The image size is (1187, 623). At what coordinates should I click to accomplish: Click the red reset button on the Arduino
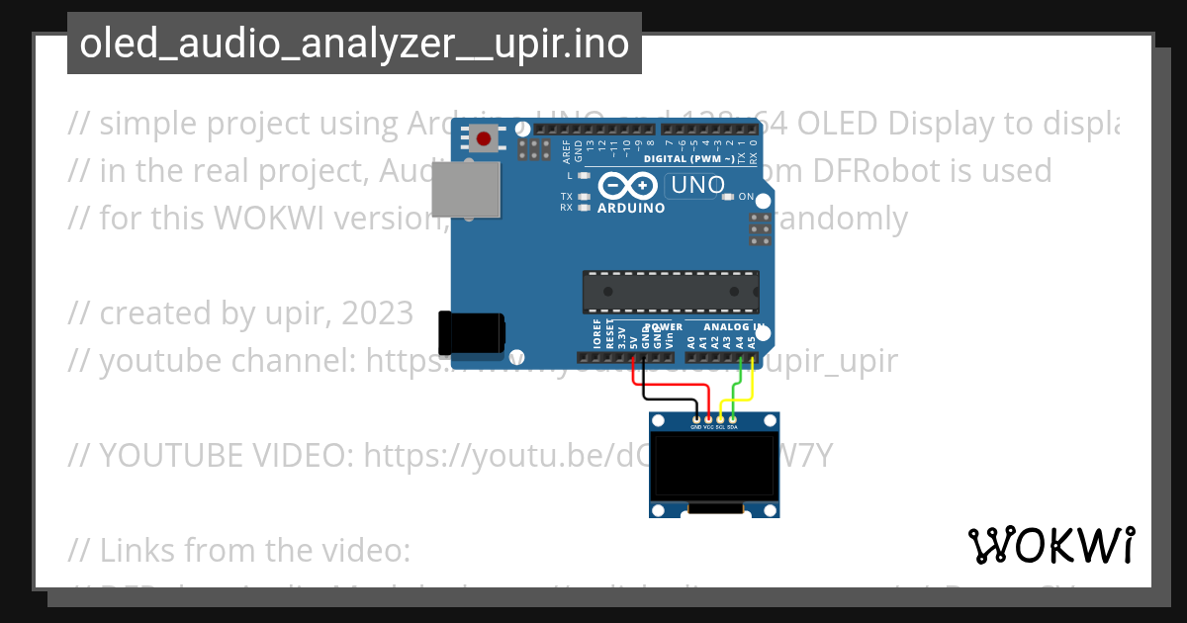pyautogui.click(x=484, y=139)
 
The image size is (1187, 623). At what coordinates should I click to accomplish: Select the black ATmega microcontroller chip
pyautogui.click(x=671, y=292)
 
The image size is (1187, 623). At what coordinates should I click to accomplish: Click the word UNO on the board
pyautogui.click(x=697, y=185)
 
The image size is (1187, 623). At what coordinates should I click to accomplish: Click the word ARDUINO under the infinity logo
pyautogui.click(x=630, y=209)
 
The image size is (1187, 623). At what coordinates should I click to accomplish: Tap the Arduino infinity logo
pyautogui.click(x=627, y=186)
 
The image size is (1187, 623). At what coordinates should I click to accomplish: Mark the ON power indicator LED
pyautogui.click(x=728, y=197)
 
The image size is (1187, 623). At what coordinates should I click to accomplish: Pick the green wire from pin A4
pyautogui.click(x=734, y=382)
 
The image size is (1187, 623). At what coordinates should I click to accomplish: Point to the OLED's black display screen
pyautogui.click(x=713, y=468)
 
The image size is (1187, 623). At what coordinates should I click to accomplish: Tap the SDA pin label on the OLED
pyautogui.click(x=732, y=427)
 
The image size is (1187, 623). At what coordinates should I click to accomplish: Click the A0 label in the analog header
pyautogui.click(x=690, y=341)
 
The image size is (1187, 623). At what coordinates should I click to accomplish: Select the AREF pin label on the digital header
pyautogui.click(x=567, y=150)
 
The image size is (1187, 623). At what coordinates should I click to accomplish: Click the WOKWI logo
pyautogui.click(x=1050, y=545)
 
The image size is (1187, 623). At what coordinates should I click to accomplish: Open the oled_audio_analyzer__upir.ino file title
pyautogui.click(x=354, y=44)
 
